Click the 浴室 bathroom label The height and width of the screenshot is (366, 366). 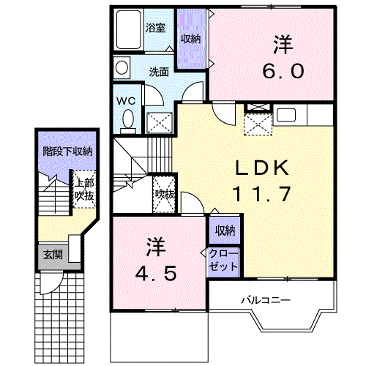[x=156, y=29]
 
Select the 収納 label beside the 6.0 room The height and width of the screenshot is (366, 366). [x=190, y=39]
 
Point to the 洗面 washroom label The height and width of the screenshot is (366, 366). [x=160, y=72]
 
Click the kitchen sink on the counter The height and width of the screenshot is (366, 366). [x=285, y=114]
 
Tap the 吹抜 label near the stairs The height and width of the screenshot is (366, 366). [x=164, y=194]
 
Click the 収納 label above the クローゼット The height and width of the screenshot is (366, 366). [x=225, y=231]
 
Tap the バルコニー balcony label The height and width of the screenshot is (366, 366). [x=266, y=299]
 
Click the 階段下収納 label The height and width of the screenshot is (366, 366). [x=67, y=152]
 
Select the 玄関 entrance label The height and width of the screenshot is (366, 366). [x=52, y=254]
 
